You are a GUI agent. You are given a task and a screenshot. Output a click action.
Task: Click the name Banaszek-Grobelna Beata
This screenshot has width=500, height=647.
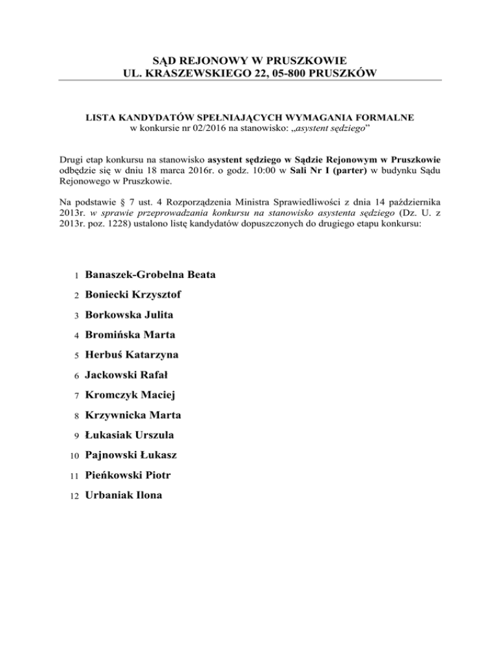150,275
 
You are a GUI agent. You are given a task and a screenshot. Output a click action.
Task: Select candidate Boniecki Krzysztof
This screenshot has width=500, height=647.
133,295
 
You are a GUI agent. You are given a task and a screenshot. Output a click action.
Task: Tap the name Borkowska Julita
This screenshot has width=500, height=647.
129,315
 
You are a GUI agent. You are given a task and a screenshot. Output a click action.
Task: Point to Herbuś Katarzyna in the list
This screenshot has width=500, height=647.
132,355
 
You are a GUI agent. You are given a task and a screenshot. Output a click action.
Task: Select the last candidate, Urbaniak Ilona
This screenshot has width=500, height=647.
124,495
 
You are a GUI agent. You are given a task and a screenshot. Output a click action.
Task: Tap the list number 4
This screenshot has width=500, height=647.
76,336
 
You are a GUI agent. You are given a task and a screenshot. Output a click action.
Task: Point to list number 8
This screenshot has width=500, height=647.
76,415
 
